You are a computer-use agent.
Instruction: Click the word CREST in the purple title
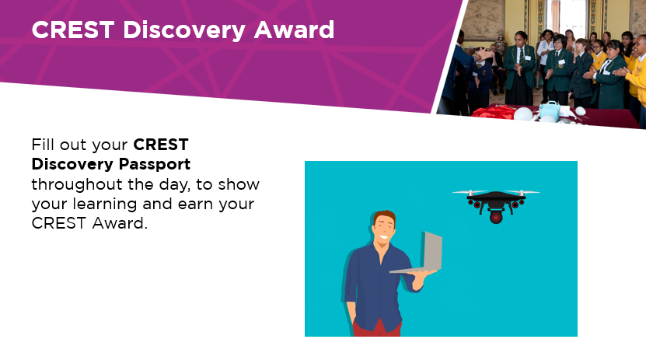(x=73, y=30)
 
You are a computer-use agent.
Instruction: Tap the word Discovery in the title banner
(x=184, y=31)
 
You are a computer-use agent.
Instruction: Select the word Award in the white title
(x=294, y=30)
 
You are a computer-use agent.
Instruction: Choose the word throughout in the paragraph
(x=77, y=184)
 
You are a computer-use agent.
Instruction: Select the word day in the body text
(x=175, y=185)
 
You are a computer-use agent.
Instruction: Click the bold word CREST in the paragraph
(x=161, y=145)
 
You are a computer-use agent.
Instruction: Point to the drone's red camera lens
(x=496, y=217)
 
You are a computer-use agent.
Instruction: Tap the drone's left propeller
(x=470, y=192)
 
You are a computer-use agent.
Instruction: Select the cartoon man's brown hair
(x=384, y=218)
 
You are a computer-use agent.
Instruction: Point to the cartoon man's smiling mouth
(x=384, y=238)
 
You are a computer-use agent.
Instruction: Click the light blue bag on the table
(x=550, y=110)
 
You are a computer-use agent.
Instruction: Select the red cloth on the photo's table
(x=492, y=112)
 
